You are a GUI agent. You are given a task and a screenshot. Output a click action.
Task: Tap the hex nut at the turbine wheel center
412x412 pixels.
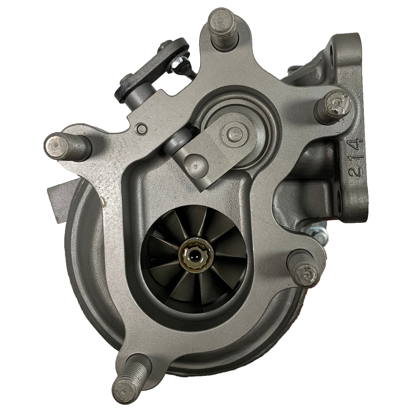194,255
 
